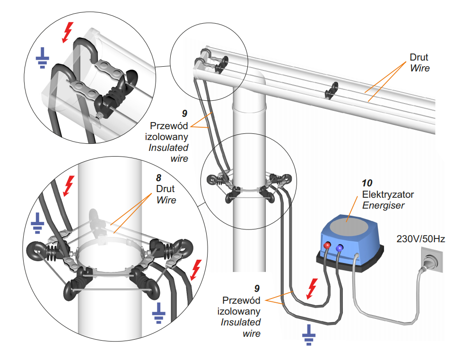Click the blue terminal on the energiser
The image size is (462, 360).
340,247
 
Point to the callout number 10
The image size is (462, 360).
367,183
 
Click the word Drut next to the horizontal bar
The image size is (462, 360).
419,57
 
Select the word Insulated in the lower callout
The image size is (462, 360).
241,322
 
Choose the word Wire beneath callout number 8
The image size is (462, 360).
166,200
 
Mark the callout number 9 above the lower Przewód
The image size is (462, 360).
257,288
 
